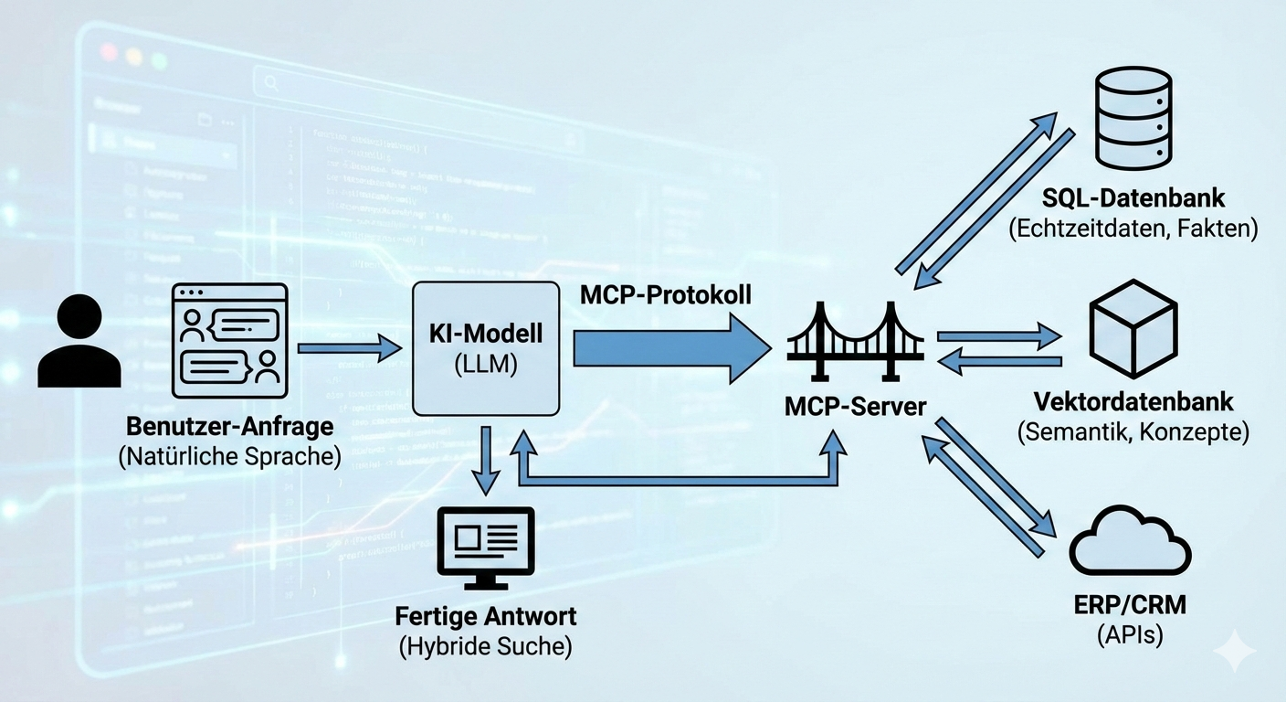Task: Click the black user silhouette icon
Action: tap(79, 343)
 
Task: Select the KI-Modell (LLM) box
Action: tap(486, 348)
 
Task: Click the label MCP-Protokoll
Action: tap(666, 294)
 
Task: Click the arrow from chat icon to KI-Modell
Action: tap(349, 347)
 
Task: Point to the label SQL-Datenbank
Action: tap(1133, 198)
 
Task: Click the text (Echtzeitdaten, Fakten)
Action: tap(1133, 229)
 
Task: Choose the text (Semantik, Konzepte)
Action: tap(1133, 431)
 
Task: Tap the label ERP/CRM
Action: tap(1130, 606)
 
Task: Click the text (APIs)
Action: tap(1130, 634)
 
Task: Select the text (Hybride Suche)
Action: tap(485, 647)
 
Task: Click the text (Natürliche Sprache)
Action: tap(229, 457)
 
